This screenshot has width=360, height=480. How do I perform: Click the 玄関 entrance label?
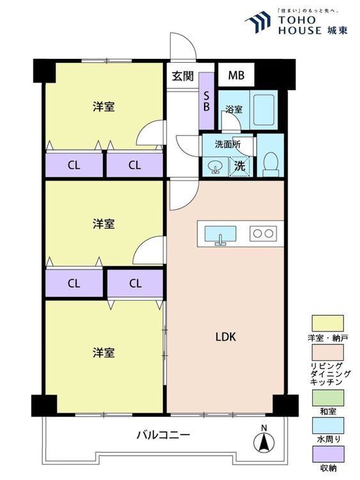click(x=183, y=76)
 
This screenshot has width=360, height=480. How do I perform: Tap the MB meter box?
click(x=236, y=75)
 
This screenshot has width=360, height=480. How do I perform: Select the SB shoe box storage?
click(x=207, y=101)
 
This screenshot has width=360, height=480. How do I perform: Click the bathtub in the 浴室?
click(x=263, y=109)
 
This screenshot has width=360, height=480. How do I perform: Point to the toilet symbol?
click(x=270, y=164)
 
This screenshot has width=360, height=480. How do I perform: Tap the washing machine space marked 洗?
click(x=240, y=166)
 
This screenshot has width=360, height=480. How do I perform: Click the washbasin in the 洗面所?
click(x=215, y=166)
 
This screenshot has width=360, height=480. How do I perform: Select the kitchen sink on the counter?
click(x=220, y=235)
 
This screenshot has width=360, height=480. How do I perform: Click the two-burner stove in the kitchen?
click(x=263, y=234)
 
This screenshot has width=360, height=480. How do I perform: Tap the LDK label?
click(x=226, y=337)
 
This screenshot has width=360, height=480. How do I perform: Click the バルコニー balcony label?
click(x=163, y=435)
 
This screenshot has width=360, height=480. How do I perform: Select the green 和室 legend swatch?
click(x=327, y=398)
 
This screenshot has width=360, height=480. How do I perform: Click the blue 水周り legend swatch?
click(x=327, y=426)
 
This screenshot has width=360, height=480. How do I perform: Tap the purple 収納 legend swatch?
click(x=327, y=454)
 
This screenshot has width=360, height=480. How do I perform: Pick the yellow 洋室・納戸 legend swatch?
click(x=327, y=323)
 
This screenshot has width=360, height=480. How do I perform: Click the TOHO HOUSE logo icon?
click(x=258, y=21)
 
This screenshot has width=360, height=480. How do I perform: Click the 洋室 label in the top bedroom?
click(x=104, y=107)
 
